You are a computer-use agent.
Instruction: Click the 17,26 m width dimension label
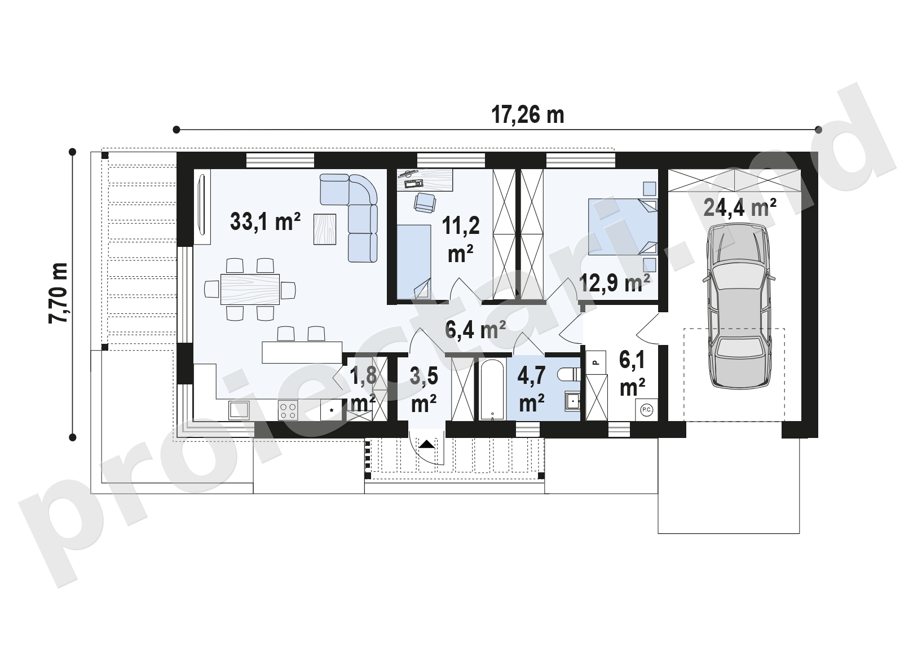point(527,115)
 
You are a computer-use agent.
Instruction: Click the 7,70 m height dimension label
point(59,293)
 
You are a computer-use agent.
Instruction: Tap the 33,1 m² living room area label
point(266,222)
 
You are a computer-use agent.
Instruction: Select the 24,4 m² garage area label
point(740,208)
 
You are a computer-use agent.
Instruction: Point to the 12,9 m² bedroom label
point(615,283)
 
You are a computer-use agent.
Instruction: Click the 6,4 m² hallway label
point(475,330)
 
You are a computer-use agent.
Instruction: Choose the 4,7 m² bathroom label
point(532,389)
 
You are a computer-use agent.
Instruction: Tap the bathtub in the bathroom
point(492,389)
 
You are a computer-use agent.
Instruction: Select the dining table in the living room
point(250,289)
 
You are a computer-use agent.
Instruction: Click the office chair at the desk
point(425,202)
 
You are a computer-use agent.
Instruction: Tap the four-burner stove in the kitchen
point(288,410)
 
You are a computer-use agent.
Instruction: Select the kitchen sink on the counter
point(239,410)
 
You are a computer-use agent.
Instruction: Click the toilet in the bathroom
point(569,374)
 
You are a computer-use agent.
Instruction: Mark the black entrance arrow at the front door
point(426,444)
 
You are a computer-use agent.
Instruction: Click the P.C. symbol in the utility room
point(646,410)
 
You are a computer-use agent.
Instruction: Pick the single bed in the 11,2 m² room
point(414,262)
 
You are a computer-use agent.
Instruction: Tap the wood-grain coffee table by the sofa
point(325,229)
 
